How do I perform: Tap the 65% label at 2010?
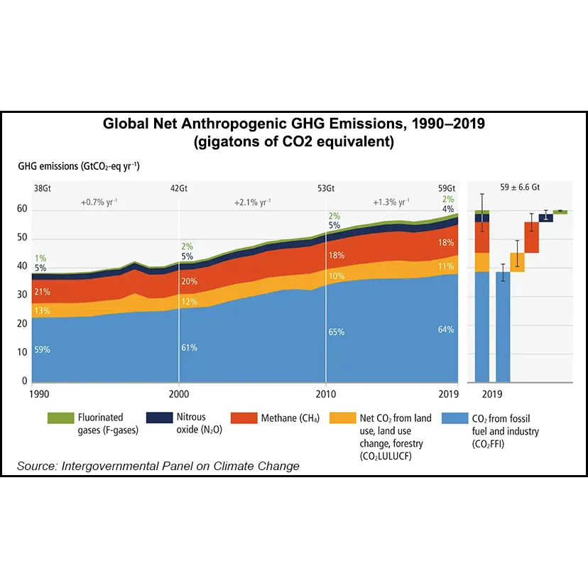click(336, 332)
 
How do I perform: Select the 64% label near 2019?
click(446, 330)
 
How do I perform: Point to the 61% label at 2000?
click(189, 348)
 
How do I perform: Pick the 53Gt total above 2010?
click(326, 188)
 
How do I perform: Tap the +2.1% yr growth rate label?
click(252, 202)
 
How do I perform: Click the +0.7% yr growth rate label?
click(99, 202)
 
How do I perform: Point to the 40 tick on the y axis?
click(23, 266)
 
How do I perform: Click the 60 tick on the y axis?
click(23, 209)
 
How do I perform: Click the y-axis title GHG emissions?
click(79, 167)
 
